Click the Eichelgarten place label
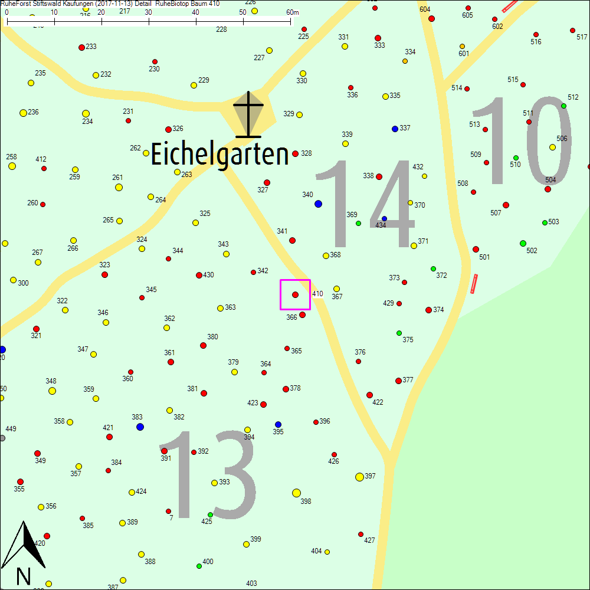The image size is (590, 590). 219,155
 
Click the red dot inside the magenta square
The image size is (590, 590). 295,294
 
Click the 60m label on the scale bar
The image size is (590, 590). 293,12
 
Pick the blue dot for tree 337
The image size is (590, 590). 395,129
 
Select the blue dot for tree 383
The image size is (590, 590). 140,427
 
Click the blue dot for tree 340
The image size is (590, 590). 318,204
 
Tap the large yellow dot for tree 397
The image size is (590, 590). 359,477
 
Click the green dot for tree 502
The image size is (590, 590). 523,243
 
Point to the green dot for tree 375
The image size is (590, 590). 399,333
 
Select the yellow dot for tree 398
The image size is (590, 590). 296,493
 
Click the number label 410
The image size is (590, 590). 317,294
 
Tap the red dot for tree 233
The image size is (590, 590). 81,47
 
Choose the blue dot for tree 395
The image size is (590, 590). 278,424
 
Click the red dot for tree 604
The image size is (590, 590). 431,18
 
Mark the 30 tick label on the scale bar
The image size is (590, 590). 148,12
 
